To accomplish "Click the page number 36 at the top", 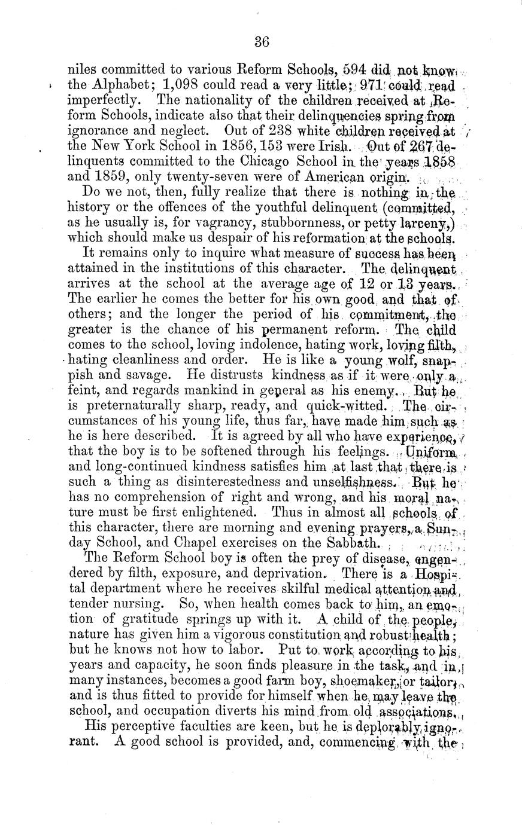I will [262, 41].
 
